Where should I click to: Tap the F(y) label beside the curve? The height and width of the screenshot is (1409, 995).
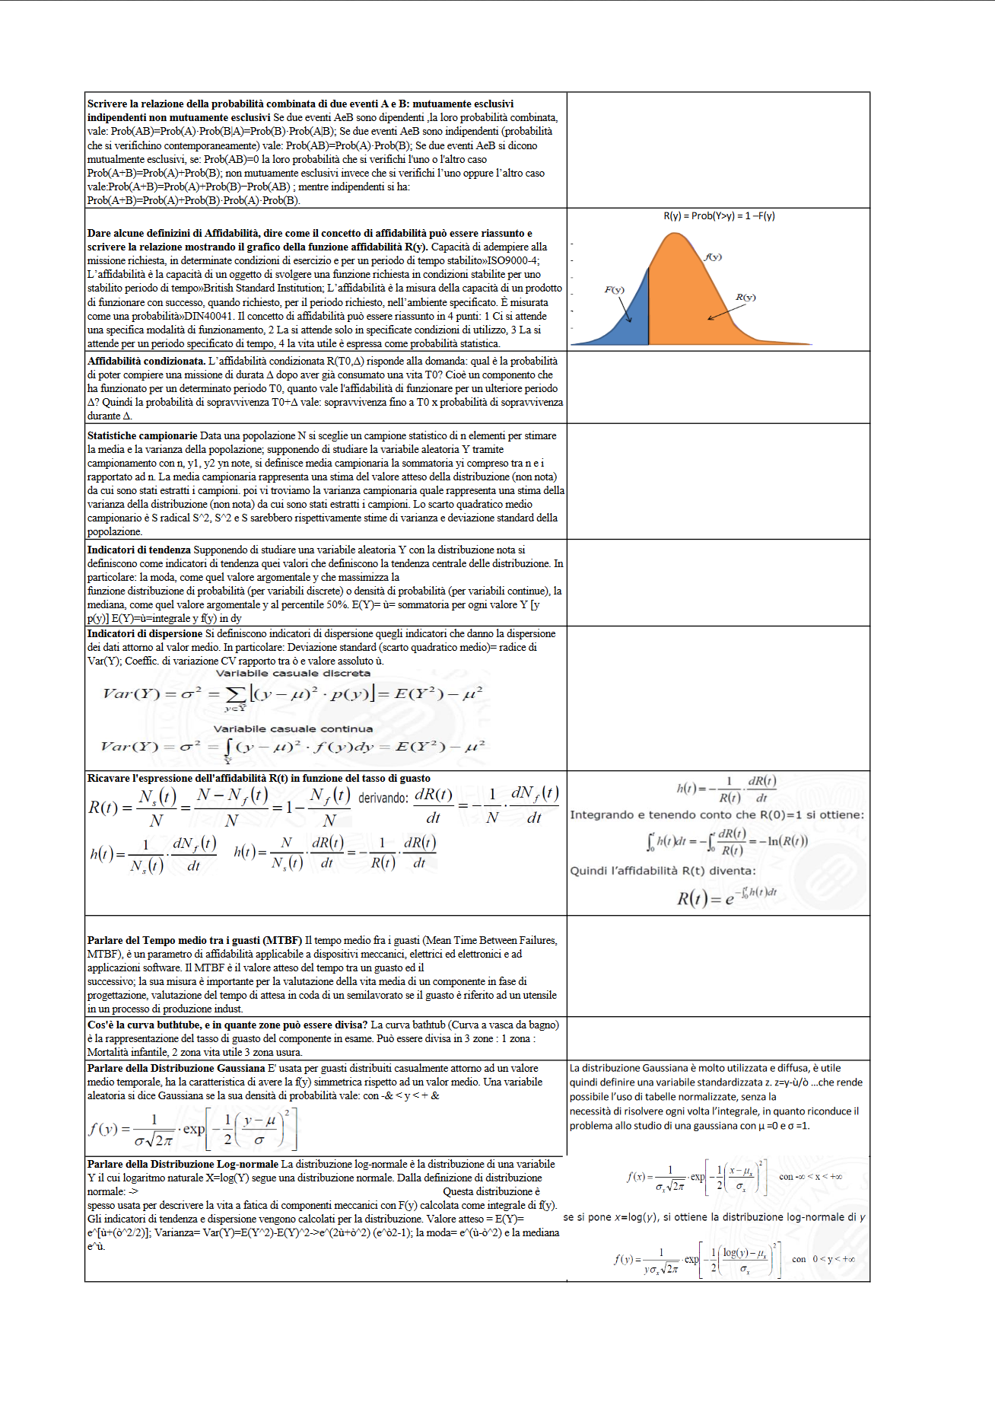click(x=614, y=289)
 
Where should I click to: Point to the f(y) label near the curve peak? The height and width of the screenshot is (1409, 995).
click(x=713, y=257)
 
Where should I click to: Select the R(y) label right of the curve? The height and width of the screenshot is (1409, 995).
click(x=745, y=297)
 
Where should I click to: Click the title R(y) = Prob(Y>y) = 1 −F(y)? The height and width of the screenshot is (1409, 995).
click(x=719, y=216)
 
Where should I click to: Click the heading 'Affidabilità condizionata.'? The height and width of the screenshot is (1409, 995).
click(x=146, y=361)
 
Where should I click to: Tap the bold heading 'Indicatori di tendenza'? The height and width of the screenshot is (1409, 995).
click(x=139, y=550)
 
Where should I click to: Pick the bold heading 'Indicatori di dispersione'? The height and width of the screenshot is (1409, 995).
click(x=145, y=633)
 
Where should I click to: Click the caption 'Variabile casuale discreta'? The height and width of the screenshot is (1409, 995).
click(x=293, y=673)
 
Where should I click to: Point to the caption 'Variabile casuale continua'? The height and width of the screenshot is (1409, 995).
click(x=293, y=728)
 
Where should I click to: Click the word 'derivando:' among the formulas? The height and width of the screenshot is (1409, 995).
click(x=383, y=798)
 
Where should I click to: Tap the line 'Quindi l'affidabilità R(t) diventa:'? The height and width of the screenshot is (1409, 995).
click(x=663, y=871)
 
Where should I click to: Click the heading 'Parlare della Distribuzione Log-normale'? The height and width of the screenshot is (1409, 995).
click(x=183, y=1164)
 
